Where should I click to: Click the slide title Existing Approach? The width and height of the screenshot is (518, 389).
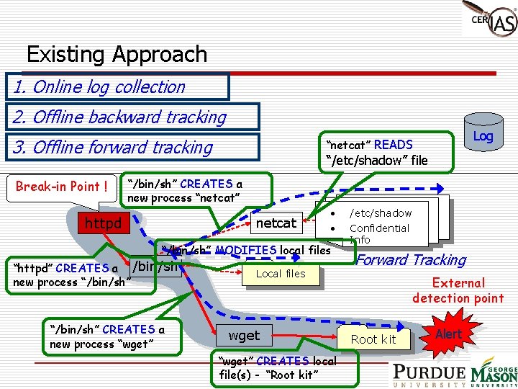pos(117,54)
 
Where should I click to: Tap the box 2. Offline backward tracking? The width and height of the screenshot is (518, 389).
pos(131,117)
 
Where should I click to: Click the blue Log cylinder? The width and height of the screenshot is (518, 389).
pos(483,135)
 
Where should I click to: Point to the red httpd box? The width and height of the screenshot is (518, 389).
pos(103,223)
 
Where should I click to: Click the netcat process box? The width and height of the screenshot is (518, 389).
pos(276,223)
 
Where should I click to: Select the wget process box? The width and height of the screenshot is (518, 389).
pos(244,335)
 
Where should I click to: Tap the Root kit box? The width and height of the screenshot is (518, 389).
pos(373,339)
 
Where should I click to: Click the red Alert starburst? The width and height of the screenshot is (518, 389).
pos(448,334)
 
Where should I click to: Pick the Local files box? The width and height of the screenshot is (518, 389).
pos(281,274)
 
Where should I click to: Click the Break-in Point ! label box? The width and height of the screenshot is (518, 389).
pos(62,187)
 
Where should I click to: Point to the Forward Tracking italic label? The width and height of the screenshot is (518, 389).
pos(412,260)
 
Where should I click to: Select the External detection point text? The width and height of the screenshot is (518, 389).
pos(458,290)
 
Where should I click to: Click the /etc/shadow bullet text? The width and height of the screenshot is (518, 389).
pos(381,213)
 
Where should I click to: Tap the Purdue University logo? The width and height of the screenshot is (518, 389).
pos(429,375)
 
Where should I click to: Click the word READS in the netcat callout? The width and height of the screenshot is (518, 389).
pos(393,145)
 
